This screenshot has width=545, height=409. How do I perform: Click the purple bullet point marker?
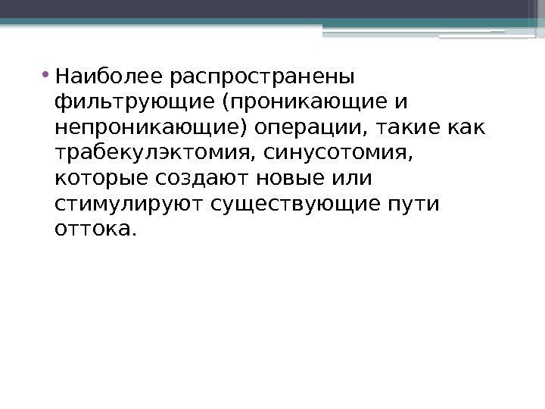pyautogui.click(x=48, y=74)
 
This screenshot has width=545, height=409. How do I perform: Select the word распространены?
pyautogui.click(x=263, y=76)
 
